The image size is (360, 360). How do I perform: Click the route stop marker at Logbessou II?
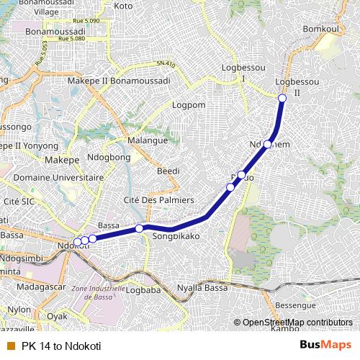click(282, 98)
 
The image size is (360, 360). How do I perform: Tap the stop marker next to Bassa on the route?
click(139, 228)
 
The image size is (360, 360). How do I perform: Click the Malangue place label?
click(147, 140)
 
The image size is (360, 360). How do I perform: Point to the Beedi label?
click(168, 171)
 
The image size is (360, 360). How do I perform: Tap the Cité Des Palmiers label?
click(159, 199)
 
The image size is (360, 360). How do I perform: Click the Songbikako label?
click(176, 235)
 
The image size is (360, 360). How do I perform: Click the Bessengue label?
click(295, 306)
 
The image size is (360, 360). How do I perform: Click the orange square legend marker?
click(10, 346)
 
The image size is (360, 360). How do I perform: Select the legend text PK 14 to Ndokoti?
click(61, 346)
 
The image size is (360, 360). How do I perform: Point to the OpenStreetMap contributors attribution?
click(297, 322)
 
